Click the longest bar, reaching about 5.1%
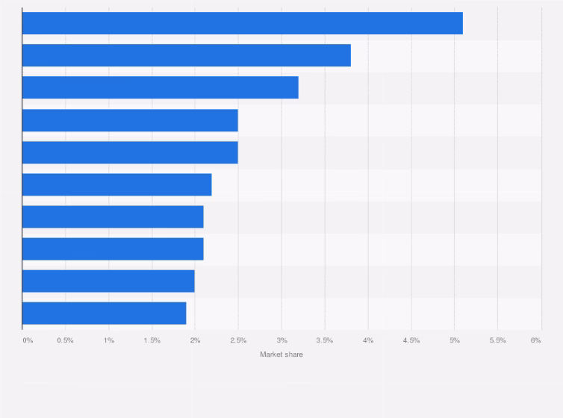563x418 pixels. (x=242, y=23)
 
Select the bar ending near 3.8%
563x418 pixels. (x=186, y=55)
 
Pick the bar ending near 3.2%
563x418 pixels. (x=160, y=87)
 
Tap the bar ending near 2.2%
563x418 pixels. (x=116, y=184)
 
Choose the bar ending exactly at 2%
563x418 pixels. (x=108, y=281)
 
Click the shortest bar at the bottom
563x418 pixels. (x=104, y=313)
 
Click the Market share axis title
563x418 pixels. (x=281, y=355)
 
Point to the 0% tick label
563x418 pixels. (x=28, y=340)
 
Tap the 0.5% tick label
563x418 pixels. (x=65, y=340)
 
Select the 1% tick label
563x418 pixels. (x=109, y=340)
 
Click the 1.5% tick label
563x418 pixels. (x=152, y=340)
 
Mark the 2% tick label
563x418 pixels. (x=195, y=340)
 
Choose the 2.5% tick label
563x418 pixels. (x=238, y=340)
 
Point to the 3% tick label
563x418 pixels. (x=281, y=340)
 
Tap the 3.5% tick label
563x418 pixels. (x=325, y=340)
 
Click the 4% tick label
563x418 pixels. (x=368, y=340)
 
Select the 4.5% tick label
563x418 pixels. (x=411, y=340)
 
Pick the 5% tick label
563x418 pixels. (x=454, y=340)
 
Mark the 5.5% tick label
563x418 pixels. (x=497, y=340)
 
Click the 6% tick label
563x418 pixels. (x=536, y=340)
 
